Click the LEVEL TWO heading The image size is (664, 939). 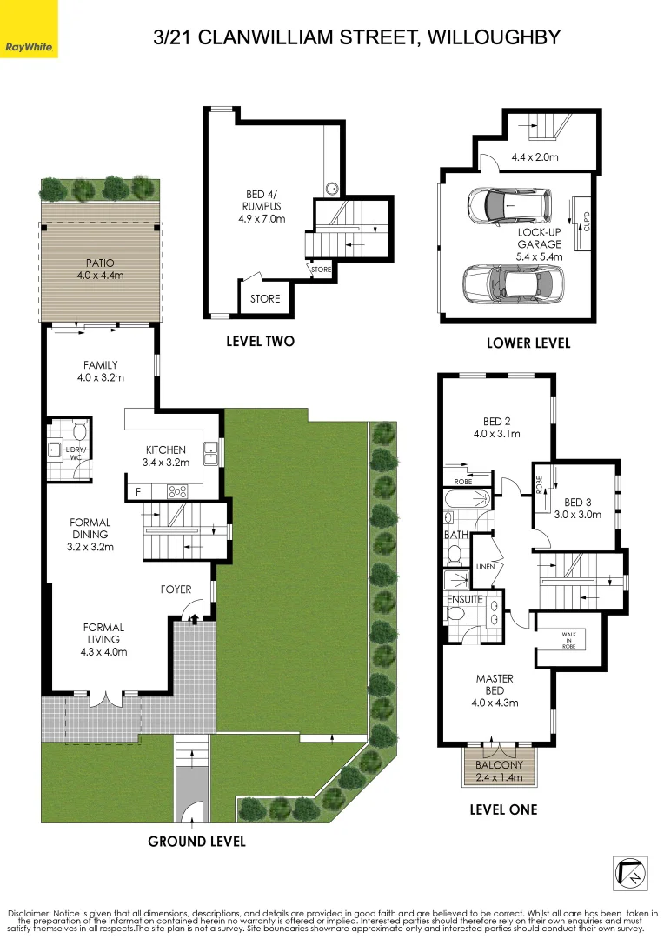pyautogui.click(x=260, y=342)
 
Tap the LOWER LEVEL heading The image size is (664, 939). pyautogui.click(x=528, y=343)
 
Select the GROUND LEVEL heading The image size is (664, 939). pyautogui.click(x=196, y=841)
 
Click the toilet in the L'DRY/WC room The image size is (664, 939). pyautogui.click(x=79, y=432)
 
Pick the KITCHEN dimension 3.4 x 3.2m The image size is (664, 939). pyautogui.click(x=165, y=463)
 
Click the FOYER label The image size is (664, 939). pyautogui.click(x=176, y=589)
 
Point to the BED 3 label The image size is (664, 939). pyautogui.click(x=579, y=502)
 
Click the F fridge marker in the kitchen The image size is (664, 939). pyautogui.click(x=137, y=492)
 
